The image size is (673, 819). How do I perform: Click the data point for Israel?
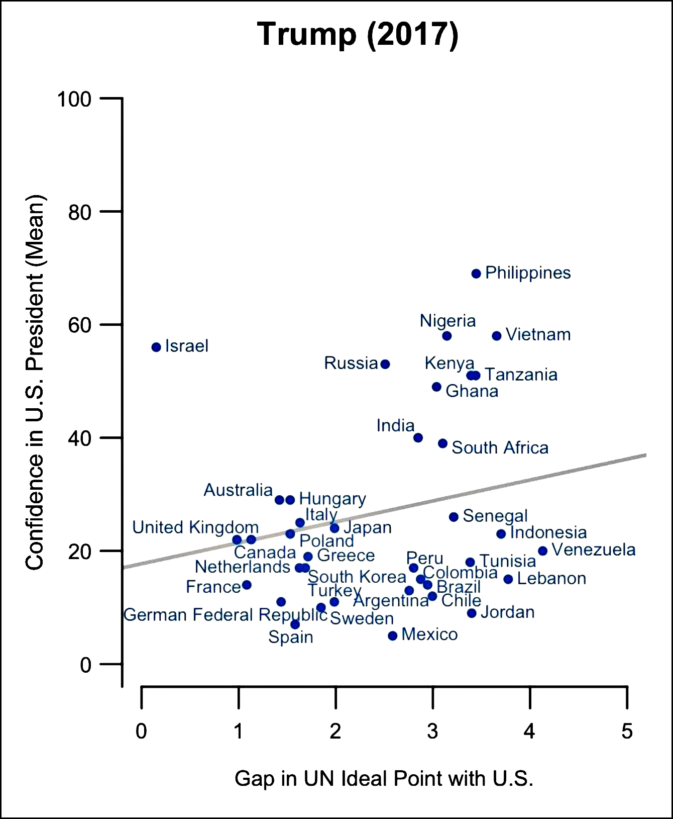click(x=156, y=347)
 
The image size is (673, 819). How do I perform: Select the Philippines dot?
click(x=476, y=274)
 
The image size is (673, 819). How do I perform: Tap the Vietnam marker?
click(x=497, y=336)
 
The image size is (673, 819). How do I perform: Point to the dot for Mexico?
click(x=393, y=636)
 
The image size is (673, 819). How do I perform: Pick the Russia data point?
click(x=385, y=364)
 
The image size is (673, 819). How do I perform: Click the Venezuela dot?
click(x=542, y=551)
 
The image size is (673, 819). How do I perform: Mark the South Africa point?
click(x=442, y=443)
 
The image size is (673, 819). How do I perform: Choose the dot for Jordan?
click(x=472, y=613)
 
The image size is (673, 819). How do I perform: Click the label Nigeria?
click(x=447, y=321)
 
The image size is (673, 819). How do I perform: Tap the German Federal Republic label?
click(x=225, y=615)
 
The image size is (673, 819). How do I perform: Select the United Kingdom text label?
click(x=195, y=527)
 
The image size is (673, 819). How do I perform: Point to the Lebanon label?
click(x=551, y=579)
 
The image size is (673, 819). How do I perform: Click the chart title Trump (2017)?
click(x=358, y=34)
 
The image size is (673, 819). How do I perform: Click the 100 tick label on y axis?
click(x=74, y=99)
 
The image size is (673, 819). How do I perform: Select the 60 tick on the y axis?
click(x=80, y=325)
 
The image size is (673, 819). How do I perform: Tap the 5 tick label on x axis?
click(x=627, y=732)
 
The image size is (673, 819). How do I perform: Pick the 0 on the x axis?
click(x=141, y=732)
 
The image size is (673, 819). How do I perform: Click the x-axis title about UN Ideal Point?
click(x=384, y=778)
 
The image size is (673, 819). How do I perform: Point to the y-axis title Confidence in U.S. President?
click(x=35, y=382)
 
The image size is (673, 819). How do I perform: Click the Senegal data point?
click(x=454, y=517)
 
